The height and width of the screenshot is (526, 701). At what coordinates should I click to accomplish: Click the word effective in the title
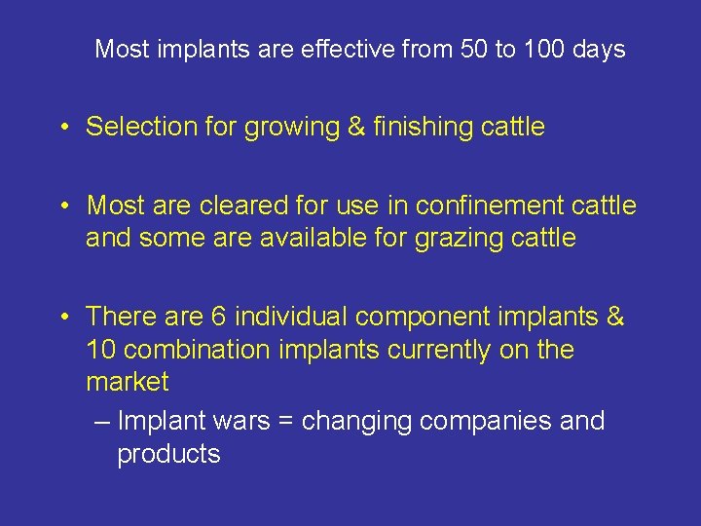click(351, 49)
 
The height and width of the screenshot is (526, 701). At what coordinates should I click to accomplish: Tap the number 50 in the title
click(473, 49)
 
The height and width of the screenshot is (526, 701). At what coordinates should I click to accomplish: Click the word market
click(128, 381)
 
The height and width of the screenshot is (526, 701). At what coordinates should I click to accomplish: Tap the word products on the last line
click(168, 454)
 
